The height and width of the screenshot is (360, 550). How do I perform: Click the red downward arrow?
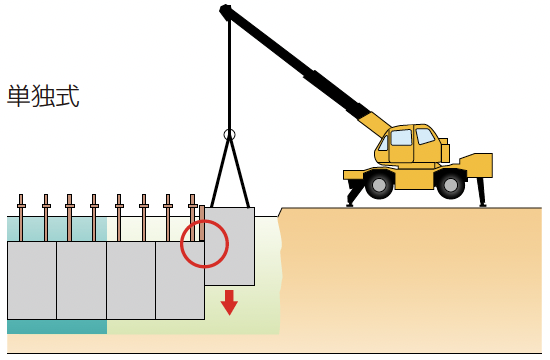(229, 302)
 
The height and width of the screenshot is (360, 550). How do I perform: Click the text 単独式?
(43, 96)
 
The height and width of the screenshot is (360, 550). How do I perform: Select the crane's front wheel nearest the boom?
(379, 185)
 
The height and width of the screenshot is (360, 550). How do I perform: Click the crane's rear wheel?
(450, 185)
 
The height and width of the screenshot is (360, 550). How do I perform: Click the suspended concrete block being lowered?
(230, 246)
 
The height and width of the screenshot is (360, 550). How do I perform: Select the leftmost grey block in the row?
(32, 280)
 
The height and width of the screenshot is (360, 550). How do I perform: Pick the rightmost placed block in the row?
(180, 280)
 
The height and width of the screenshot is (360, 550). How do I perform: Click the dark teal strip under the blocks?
(57, 327)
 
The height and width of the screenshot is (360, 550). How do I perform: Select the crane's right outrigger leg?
(481, 192)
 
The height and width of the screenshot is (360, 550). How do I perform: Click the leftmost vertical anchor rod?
(21, 218)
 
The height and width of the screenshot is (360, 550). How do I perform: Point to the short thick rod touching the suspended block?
(202, 223)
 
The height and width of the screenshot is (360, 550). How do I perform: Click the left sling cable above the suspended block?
(220, 173)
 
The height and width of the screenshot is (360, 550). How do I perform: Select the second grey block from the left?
(81, 280)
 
